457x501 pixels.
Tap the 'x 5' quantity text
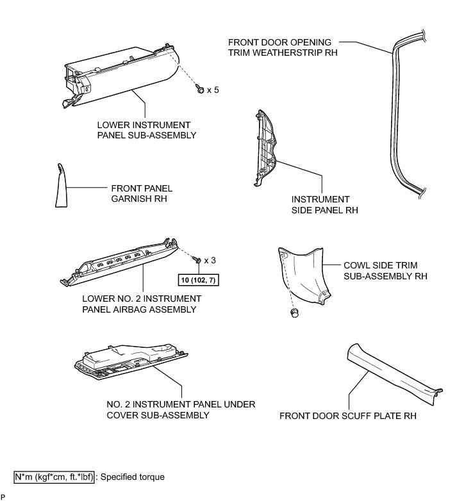[x=213, y=91]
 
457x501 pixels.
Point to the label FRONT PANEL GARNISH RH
[x=142, y=193]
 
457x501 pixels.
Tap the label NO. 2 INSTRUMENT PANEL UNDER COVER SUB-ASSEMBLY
[x=181, y=409]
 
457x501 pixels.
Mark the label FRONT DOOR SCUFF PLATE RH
[x=348, y=416]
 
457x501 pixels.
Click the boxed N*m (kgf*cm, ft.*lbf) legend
[x=55, y=477]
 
